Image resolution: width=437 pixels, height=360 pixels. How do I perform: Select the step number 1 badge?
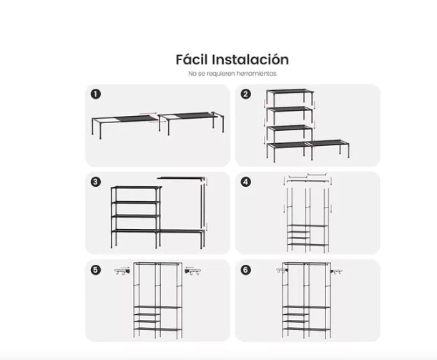96,94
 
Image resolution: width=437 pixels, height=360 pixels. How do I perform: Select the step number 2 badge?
245,94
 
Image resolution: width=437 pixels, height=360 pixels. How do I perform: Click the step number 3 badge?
96,182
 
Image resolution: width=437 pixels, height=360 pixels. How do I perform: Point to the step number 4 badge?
245,182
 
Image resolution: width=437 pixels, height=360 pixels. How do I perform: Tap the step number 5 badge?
96,270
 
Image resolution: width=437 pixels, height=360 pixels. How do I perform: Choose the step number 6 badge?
245,270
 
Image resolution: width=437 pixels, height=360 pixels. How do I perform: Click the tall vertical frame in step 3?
204,204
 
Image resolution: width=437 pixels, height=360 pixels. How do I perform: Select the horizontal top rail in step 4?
308,176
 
